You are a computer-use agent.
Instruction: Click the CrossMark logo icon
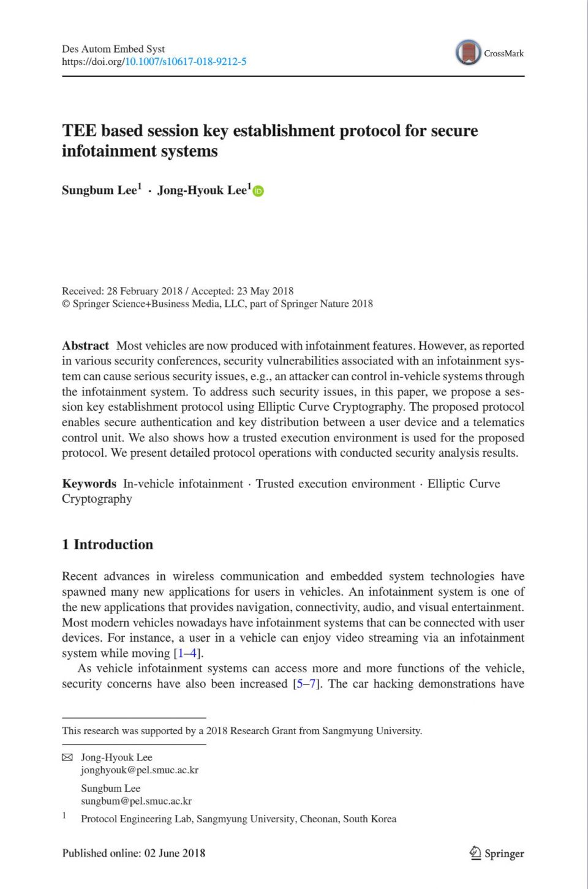469,53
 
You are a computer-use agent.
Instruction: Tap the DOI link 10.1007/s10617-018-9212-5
186,62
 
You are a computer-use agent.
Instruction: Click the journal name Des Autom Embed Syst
113,49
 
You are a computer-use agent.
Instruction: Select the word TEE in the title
79,131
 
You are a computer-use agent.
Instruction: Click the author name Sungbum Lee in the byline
99,190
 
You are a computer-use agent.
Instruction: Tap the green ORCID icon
258,191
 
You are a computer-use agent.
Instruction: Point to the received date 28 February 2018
145,291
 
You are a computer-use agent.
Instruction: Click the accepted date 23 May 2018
265,291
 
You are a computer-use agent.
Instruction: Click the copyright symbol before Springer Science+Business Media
66,304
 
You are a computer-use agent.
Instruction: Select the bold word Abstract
85,346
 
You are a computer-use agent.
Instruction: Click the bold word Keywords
89,484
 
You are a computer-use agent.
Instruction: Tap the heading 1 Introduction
108,545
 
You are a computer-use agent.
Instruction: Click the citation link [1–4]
188,653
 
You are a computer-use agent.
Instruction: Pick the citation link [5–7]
307,684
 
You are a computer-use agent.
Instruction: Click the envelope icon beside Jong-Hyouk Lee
67,758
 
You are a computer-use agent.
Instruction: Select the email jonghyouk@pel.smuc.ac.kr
140,770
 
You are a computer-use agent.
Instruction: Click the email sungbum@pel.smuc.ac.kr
136,801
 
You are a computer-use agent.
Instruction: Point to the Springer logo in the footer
497,853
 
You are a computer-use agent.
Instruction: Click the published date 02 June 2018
175,853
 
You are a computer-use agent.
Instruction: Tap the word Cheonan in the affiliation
318,819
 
